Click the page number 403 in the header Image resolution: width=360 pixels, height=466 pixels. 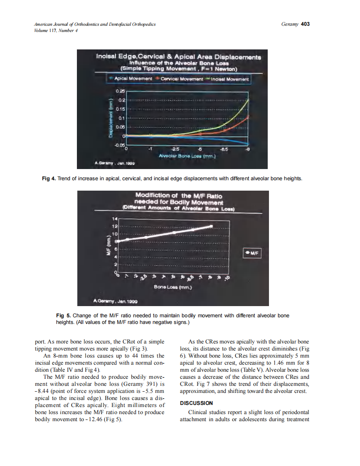[306, 24]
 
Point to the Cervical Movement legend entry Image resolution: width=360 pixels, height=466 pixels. [176, 78]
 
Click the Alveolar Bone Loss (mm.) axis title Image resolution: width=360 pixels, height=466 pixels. [187, 157]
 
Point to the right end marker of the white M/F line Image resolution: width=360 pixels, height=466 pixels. [212, 226]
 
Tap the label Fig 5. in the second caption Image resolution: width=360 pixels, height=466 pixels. [63, 316]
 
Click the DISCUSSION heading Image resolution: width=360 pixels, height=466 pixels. [196, 403]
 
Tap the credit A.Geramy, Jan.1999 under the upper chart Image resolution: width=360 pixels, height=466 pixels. [111, 164]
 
